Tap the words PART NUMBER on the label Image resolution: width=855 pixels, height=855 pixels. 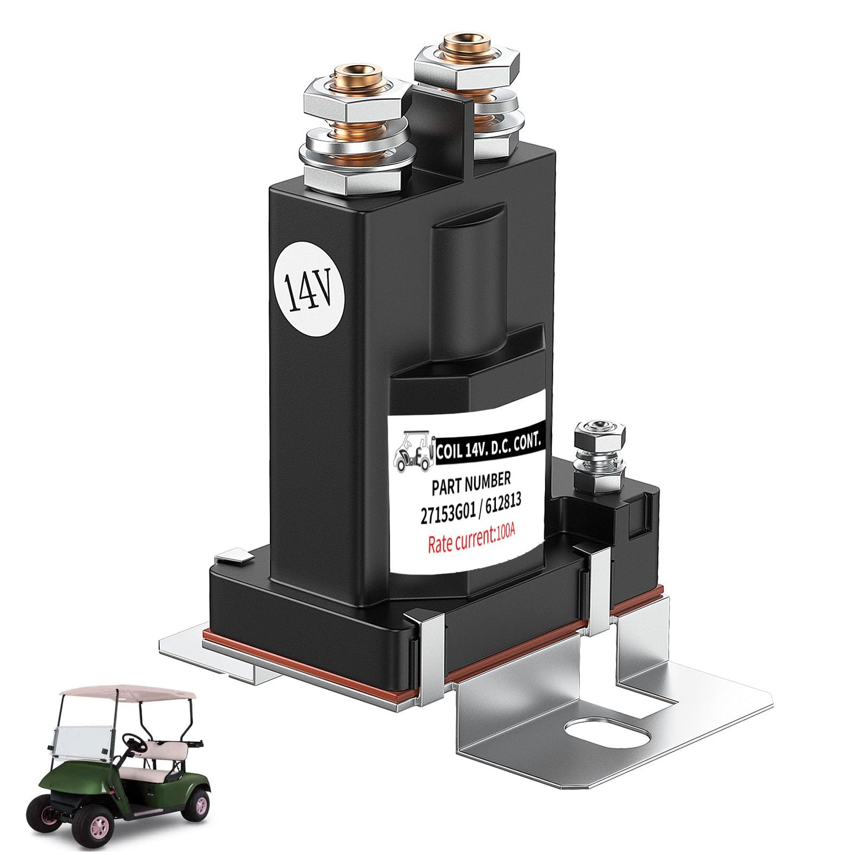click(471, 481)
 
